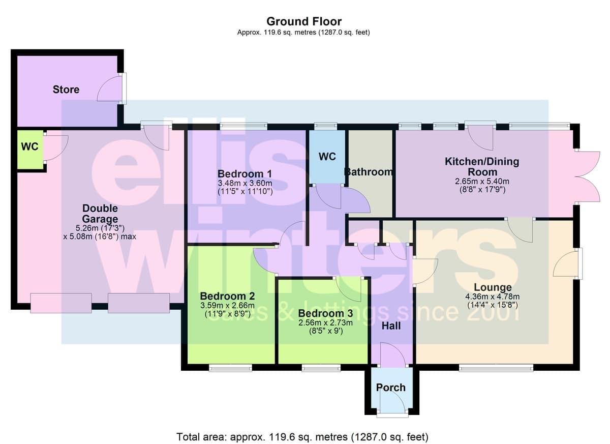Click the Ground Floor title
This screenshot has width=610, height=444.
click(304, 21)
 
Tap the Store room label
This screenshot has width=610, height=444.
click(66, 90)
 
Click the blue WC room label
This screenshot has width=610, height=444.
click(327, 156)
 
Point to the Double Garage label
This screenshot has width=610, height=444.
click(100, 214)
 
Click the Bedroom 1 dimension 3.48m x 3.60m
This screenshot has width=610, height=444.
click(245, 183)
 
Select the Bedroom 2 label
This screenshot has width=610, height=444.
click(227, 296)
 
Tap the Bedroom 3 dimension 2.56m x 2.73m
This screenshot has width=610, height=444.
click(325, 323)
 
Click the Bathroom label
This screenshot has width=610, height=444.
click(369, 172)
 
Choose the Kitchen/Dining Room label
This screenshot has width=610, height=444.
click(482, 166)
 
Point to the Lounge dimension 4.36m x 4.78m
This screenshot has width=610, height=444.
click(493, 297)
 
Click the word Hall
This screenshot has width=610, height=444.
click(391, 326)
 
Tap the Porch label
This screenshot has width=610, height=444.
click(391, 388)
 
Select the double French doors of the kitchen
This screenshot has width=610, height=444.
click(588, 177)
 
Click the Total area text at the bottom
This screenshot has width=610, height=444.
click(302, 437)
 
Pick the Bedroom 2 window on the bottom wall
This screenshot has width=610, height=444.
click(230, 368)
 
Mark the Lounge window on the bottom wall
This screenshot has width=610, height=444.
click(496, 368)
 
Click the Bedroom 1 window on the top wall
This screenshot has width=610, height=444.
click(243, 126)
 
